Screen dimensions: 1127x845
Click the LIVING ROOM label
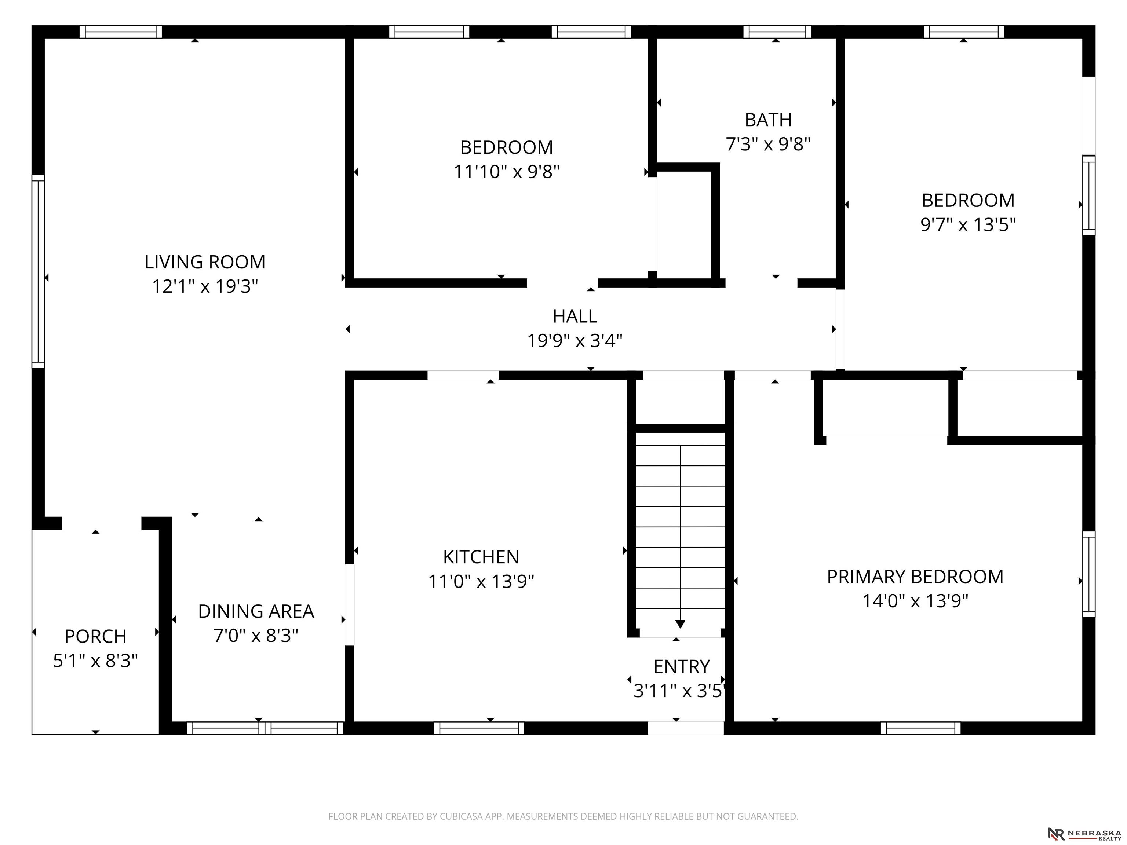(x=205, y=262)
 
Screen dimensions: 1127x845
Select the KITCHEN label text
(x=481, y=557)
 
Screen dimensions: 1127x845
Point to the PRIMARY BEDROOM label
(x=915, y=577)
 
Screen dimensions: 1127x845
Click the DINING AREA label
(x=256, y=611)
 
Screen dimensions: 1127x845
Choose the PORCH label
(x=95, y=637)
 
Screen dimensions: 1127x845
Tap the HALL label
(x=575, y=316)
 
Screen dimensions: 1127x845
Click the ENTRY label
(x=682, y=667)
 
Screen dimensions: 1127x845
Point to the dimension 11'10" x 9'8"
(x=506, y=172)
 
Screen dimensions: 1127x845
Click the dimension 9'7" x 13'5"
(x=968, y=224)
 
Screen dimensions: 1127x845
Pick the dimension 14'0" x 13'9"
(x=915, y=601)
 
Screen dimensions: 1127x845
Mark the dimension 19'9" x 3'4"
(x=575, y=341)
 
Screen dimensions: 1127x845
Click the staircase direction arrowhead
(x=680, y=624)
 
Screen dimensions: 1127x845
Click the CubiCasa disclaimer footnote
(x=563, y=816)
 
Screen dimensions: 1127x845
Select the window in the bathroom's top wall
(x=777, y=32)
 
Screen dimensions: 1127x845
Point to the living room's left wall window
(x=38, y=271)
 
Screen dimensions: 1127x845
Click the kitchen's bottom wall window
(x=479, y=728)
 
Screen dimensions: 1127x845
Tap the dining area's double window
(x=265, y=728)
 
